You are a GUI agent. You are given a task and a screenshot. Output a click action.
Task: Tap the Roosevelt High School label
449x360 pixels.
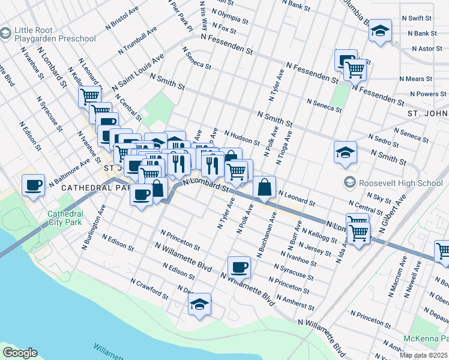pos(400,183)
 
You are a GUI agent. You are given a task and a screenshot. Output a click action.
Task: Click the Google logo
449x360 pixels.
pos(20,353)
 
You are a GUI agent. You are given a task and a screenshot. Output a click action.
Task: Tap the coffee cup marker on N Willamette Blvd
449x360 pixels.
pos(239,267)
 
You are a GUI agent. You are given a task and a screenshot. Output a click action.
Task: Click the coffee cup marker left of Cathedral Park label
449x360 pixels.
pos(33,184)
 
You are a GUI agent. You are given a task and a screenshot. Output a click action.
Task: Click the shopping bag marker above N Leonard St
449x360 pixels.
pos(264,187)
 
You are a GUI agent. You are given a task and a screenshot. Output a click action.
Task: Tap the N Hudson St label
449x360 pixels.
pos(242,137)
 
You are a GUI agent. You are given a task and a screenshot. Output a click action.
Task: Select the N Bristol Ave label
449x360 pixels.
pos(122,18)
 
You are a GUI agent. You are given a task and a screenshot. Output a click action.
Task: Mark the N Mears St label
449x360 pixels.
pos(416,79)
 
